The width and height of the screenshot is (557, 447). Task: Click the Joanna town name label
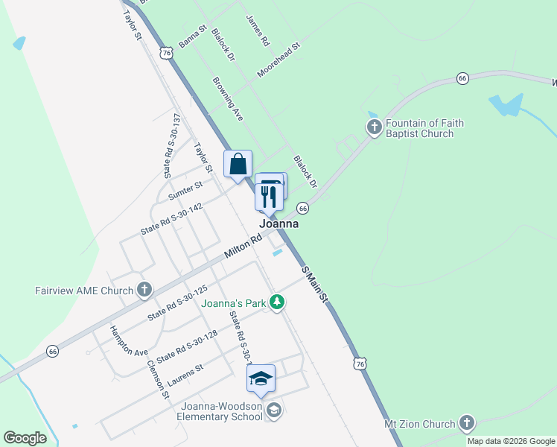[279, 223]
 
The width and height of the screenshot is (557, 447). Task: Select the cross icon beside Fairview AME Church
[144, 290]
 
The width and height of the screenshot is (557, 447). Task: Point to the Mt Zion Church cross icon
[467, 424]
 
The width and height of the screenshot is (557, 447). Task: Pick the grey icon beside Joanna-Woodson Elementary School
[274, 410]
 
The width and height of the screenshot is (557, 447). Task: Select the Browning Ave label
[228, 99]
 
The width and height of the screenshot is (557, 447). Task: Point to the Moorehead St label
[278, 60]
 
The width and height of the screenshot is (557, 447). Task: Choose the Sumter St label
[185, 191]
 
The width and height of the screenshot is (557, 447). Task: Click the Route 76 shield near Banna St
[167, 52]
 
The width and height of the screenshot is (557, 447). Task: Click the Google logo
[25, 438]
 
